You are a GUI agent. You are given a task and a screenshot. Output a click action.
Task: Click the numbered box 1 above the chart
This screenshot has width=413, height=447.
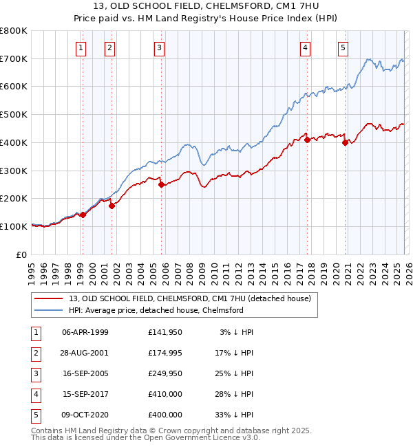point(81,47)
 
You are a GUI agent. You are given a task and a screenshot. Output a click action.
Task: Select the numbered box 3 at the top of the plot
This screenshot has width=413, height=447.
point(159,47)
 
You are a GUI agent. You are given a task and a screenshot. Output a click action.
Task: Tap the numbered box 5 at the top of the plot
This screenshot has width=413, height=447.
point(343,47)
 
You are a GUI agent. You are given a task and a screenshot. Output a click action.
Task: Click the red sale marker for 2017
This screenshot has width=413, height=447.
point(306,140)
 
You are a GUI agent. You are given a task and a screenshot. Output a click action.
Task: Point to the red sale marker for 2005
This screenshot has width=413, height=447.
point(161,184)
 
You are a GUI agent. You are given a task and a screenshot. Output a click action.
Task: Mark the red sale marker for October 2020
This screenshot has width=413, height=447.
point(345,143)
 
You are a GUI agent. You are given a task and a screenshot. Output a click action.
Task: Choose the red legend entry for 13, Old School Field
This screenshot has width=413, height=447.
point(190,298)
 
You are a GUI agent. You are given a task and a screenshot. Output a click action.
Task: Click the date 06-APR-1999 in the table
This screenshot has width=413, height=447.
point(85,332)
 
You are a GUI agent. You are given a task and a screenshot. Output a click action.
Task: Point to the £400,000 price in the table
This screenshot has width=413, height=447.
point(165,415)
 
